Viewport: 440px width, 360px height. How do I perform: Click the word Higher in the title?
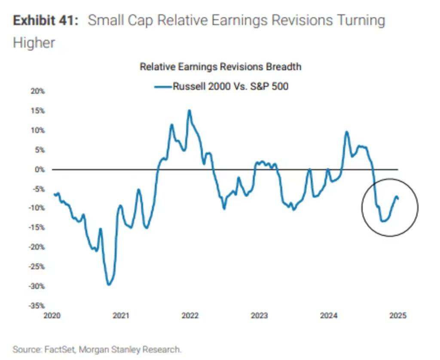pyautogui.click(x=34, y=43)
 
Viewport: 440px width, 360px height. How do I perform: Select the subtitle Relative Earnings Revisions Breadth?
pyautogui.click(x=220, y=67)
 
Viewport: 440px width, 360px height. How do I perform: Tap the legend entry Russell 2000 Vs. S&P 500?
pyautogui.click(x=230, y=86)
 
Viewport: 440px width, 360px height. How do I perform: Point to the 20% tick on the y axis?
pyautogui.click(x=38, y=92)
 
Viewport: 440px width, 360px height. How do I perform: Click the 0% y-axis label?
pyautogui.click(x=40, y=170)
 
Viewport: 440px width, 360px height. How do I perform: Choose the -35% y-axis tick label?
pyautogui.click(x=37, y=306)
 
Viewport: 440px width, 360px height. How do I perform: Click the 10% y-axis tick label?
pyautogui.click(x=38, y=131)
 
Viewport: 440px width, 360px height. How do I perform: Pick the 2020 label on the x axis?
pyautogui.click(x=52, y=316)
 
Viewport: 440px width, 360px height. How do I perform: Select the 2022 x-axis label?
pyautogui.click(x=190, y=316)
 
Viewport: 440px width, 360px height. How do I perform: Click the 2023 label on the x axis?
pyautogui.click(x=259, y=316)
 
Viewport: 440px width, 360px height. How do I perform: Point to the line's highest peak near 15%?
pyautogui.click(x=189, y=110)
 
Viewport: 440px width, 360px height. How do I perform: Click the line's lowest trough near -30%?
pyautogui.click(x=109, y=284)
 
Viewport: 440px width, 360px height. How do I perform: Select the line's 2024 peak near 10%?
pyautogui.click(x=346, y=132)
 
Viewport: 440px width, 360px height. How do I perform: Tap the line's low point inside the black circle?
pyautogui.click(x=383, y=221)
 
